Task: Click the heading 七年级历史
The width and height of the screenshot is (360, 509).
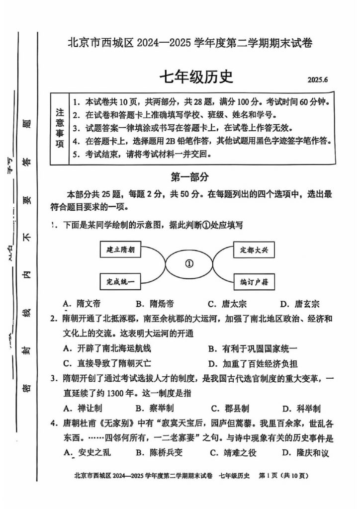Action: tap(195, 78)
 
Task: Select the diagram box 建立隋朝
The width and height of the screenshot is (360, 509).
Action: tap(120, 249)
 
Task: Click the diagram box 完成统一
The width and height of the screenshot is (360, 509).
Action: tap(120, 281)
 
